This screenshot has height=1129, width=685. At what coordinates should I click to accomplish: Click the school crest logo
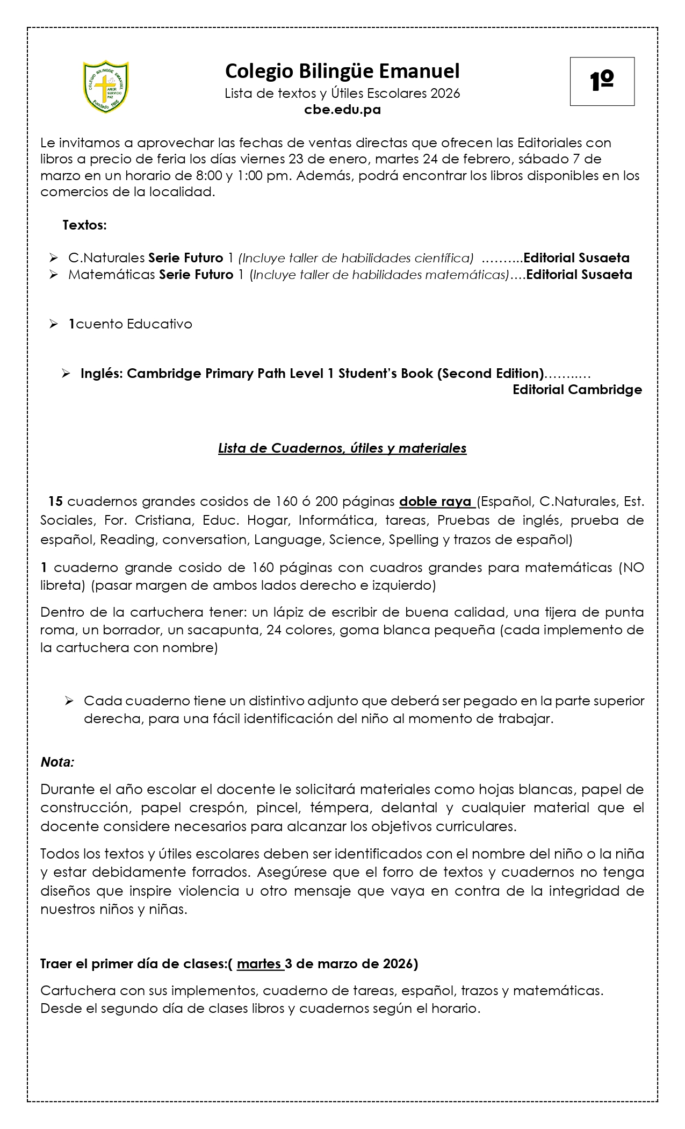[x=106, y=87]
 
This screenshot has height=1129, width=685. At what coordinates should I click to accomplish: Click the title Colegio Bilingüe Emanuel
[x=342, y=71]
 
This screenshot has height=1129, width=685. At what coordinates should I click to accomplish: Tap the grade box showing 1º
[x=602, y=81]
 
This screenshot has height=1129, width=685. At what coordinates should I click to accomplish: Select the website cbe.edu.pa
[x=342, y=110]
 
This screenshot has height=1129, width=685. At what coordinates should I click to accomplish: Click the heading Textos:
[x=85, y=225]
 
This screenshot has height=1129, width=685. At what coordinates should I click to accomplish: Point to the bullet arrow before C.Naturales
[x=53, y=258]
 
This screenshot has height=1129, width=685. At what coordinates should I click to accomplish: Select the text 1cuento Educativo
[x=130, y=324]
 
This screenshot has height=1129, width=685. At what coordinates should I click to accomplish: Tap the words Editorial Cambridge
[x=577, y=390]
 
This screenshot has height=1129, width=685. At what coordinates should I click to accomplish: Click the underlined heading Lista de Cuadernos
[x=342, y=448]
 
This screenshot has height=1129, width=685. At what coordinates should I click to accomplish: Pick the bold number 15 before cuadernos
[x=55, y=502]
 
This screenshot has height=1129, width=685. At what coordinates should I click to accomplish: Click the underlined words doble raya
[x=436, y=502]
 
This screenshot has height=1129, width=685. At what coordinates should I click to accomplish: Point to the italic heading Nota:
[x=57, y=762]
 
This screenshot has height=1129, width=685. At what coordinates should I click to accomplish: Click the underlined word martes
[x=259, y=964]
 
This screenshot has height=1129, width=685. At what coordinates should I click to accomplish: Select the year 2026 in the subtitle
[x=445, y=94]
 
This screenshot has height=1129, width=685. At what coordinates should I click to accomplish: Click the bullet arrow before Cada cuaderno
[x=69, y=701]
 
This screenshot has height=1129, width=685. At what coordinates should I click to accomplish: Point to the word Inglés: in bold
[x=102, y=373]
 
